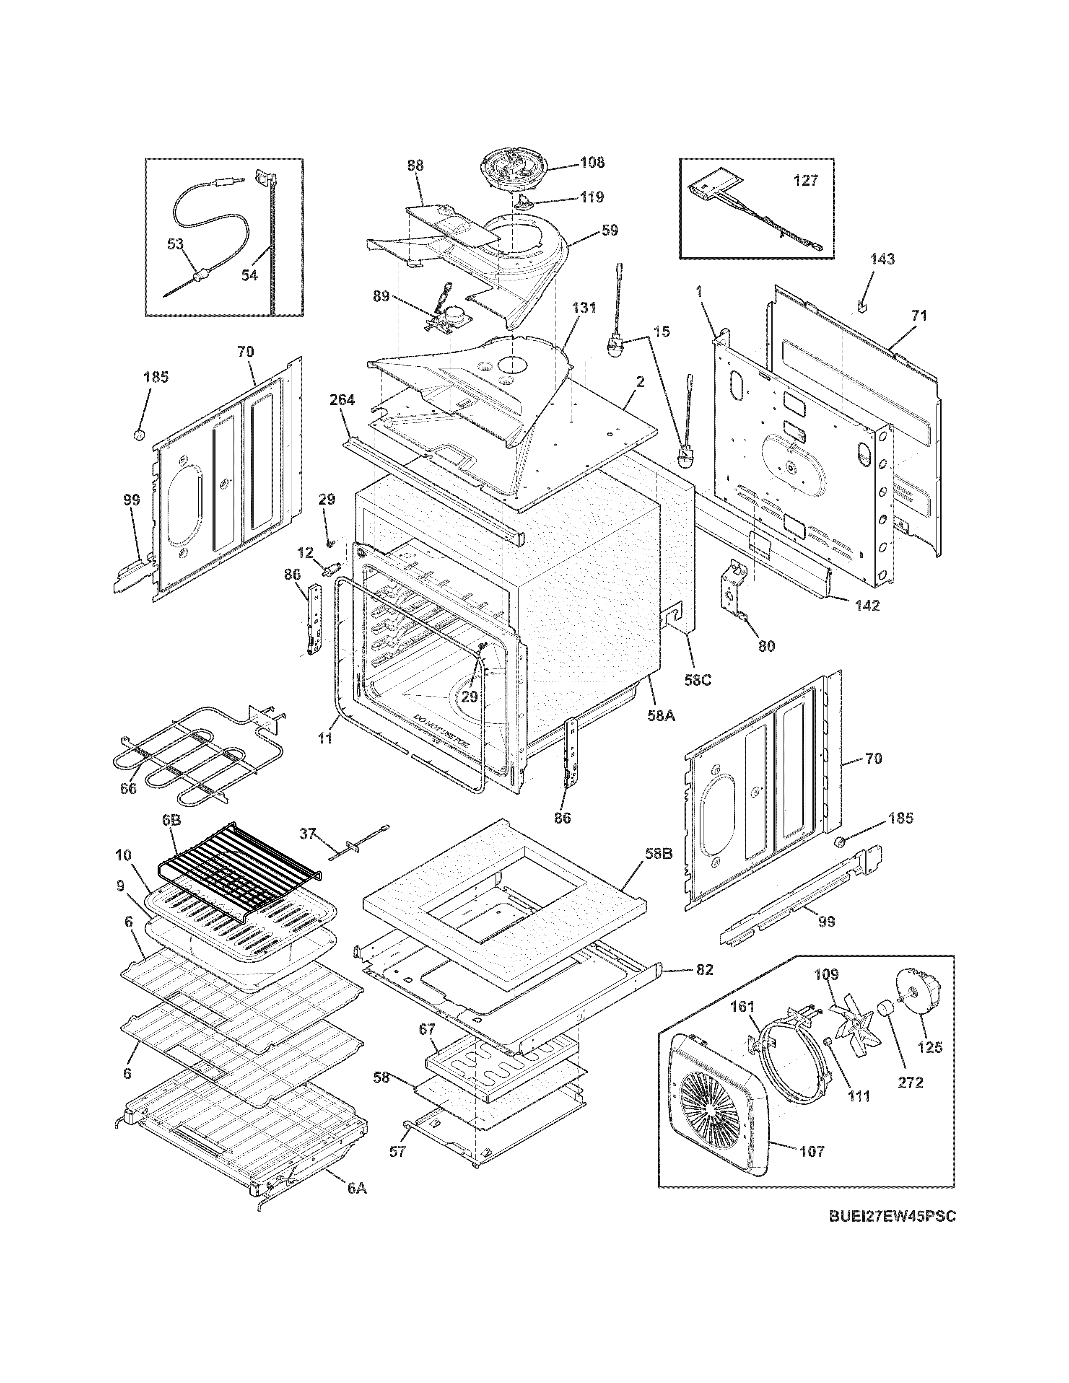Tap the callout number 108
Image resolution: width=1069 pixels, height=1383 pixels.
592,163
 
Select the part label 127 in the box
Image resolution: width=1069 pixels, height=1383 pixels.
806,181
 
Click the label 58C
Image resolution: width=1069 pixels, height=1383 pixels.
697,680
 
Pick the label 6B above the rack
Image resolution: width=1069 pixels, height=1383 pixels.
171,820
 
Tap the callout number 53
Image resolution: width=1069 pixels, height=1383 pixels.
175,244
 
